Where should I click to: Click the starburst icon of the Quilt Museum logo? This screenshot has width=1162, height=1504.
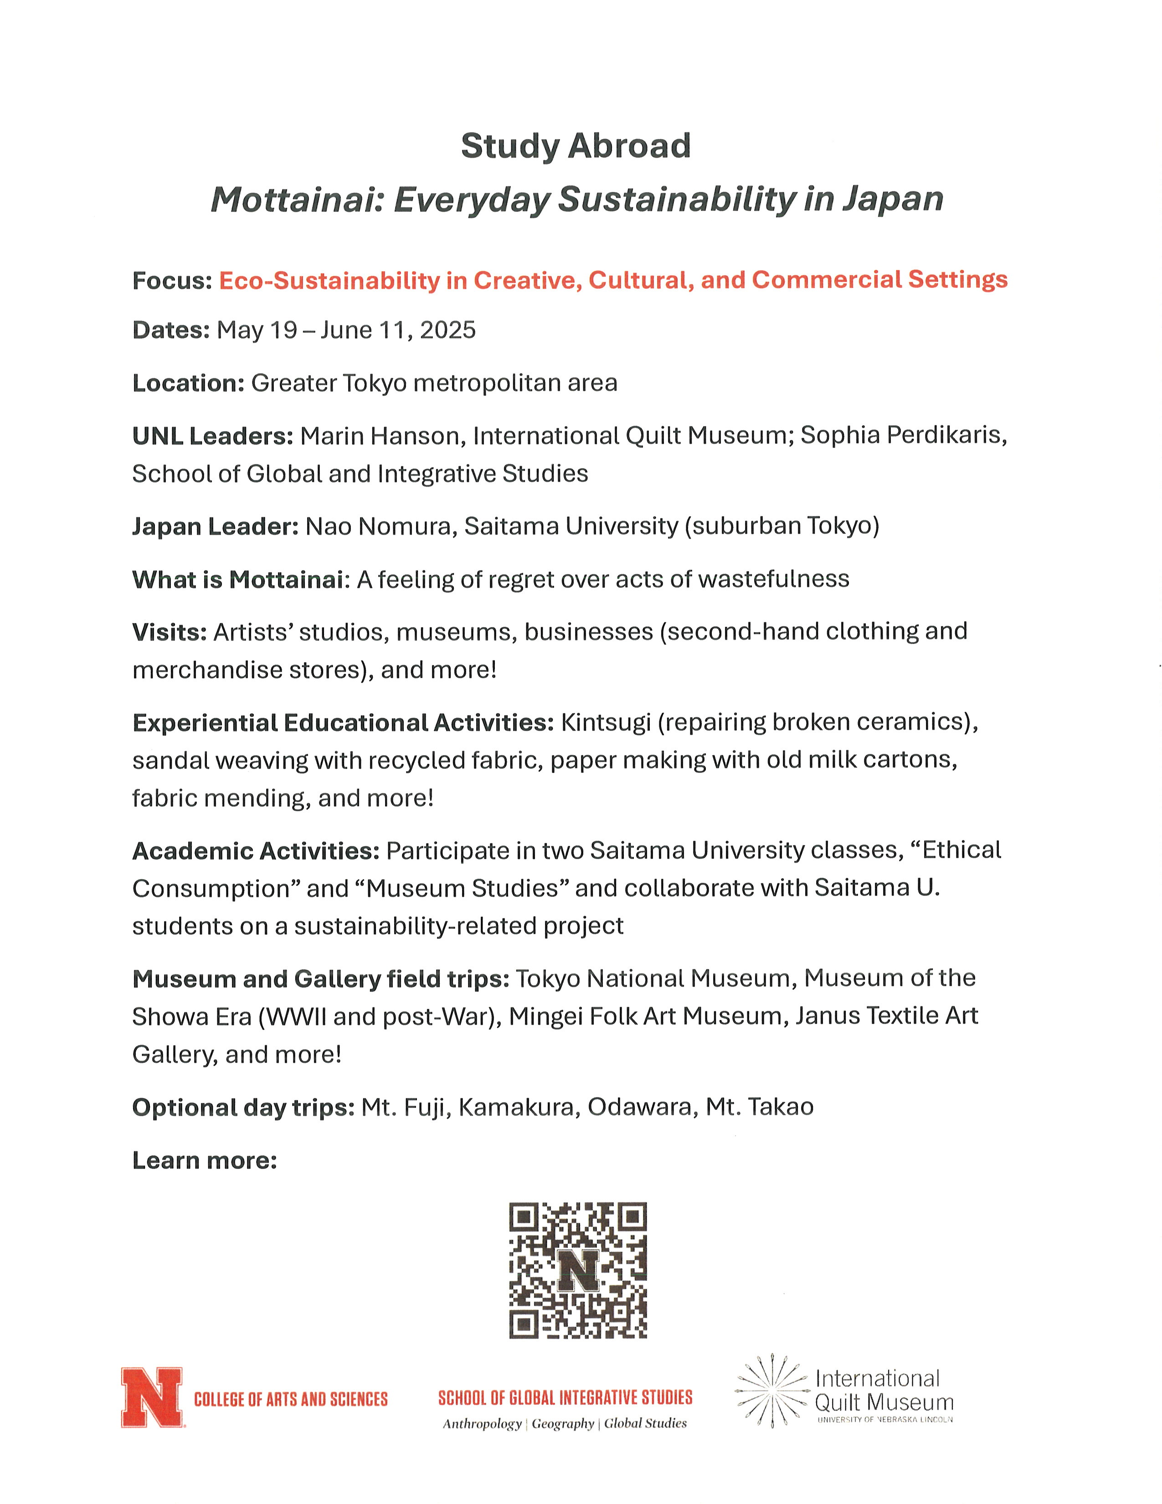click(x=771, y=1391)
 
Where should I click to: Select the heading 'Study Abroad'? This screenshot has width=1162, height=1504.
click(x=576, y=146)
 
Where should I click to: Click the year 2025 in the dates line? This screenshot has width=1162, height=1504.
click(x=447, y=330)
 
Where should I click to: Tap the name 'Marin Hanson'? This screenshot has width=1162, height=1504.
click(x=379, y=436)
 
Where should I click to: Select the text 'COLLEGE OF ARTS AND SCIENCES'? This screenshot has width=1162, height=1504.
click(x=291, y=1399)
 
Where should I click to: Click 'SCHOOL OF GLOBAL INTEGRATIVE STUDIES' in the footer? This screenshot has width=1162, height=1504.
click(x=565, y=1397)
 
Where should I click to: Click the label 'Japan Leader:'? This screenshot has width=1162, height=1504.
click(x=215, y=526)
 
